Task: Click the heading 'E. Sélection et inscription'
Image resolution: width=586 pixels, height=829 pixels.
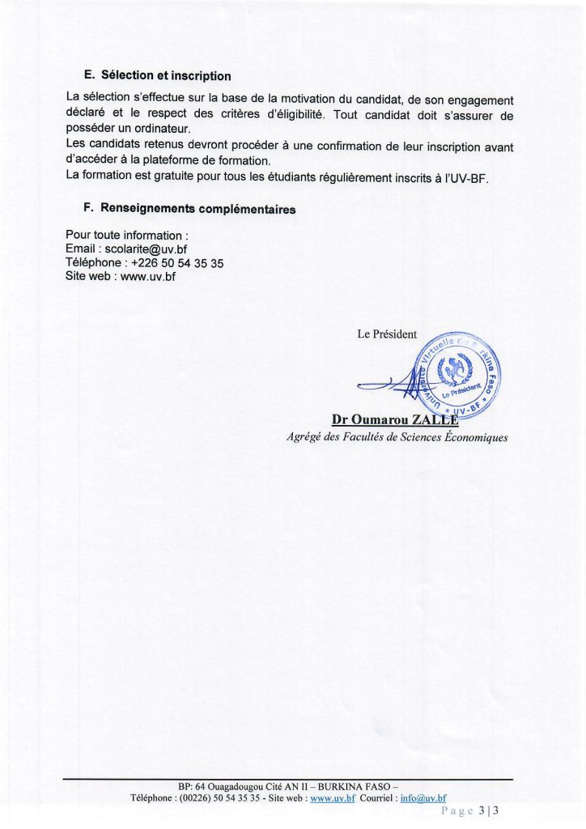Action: tap(157, 76)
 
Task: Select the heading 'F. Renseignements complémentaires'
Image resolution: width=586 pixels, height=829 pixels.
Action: tap(189, 209)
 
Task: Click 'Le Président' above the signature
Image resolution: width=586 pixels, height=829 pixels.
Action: tap(387, 334)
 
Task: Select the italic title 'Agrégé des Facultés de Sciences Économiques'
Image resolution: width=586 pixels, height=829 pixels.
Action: tap(397, 437)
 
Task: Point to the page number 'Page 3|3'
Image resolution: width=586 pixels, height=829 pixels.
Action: tap(471, 810)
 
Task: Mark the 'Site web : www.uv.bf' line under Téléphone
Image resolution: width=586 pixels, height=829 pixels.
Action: tap(120, 276)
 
